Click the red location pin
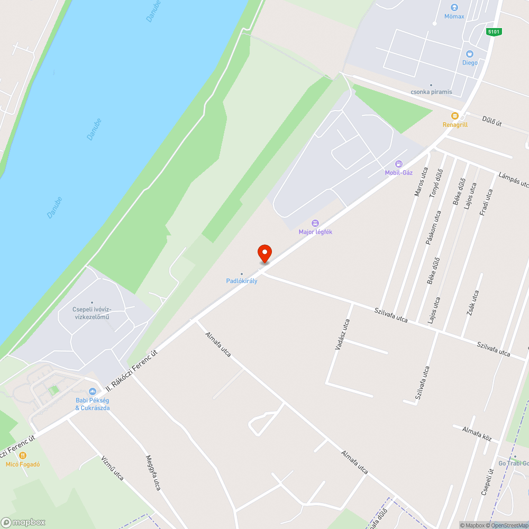(264, 253)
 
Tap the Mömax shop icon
(454, 7)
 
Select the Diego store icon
(469, 53)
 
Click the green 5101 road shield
(494, 32)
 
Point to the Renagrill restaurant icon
(454, 116)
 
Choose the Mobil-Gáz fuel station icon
(399, 163)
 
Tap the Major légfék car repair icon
(315, 223)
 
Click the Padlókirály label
(242, 281)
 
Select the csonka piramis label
(432, 92)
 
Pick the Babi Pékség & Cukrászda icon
(93, 391)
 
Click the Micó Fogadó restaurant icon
(23, 455)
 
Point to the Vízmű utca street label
(112, 468)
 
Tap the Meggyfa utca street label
(153, 472)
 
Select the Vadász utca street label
(342, 334)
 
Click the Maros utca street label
(421, 182)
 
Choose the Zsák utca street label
(472, 303)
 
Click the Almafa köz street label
(477, 433)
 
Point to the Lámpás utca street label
(513, 179)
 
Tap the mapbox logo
(23, 522)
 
